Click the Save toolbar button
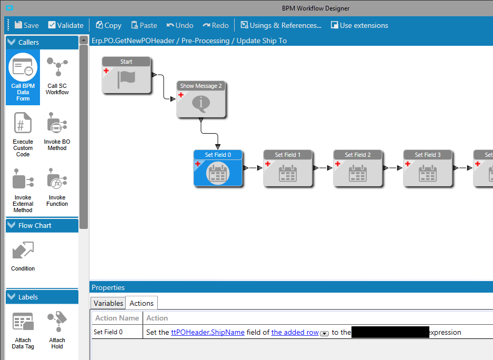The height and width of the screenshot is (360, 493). [26, 25]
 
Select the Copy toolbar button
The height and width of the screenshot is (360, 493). [108, 25]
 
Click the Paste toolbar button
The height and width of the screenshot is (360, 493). [144, 25]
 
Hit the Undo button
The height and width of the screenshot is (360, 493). [179, 25]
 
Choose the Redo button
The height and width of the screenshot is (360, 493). [215, 25]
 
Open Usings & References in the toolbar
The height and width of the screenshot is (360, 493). [280, 25]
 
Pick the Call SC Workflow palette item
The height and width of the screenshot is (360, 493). [57, 76]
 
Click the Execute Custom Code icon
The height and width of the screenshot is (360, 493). [23, 134]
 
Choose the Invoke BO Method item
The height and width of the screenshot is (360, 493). [57, 131]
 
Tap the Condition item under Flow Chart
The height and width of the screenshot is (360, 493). [23, 256]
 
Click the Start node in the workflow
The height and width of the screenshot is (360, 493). [126, 76]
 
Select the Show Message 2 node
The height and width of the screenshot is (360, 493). [201, 99]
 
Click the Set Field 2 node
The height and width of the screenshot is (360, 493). [358, 168]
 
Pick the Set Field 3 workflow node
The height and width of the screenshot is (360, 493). [428, 168]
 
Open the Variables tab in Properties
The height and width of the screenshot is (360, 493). [108, 303]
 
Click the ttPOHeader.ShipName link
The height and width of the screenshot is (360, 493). [208, 332]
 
